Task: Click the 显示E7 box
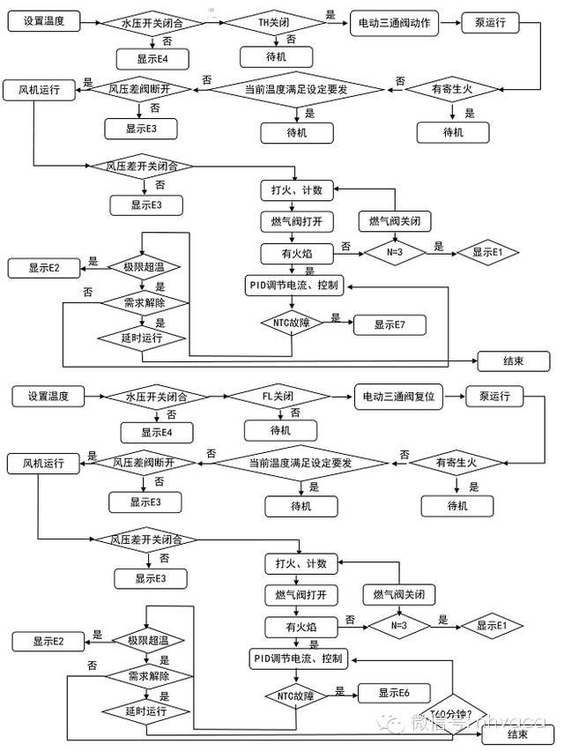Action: [390, 324]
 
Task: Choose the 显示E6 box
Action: [394, 694]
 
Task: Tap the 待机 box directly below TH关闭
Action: [277, 56]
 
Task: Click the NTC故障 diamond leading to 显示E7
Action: [291, 323]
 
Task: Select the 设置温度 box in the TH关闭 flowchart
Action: [44, 19]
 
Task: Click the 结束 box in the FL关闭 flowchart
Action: [517, 733]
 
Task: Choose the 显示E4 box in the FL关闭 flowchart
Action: [157, 432]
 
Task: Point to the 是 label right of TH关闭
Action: [330, 15]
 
